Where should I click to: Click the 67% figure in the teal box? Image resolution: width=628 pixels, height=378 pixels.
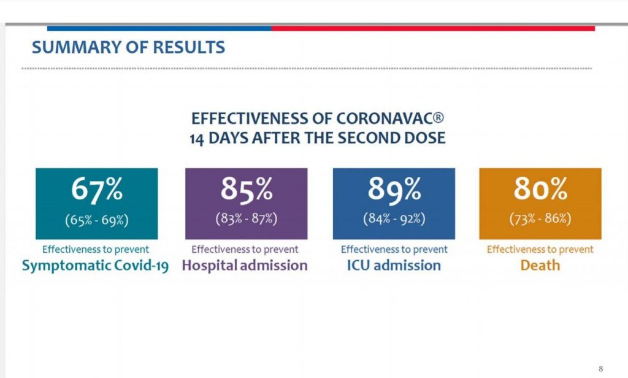tap(97, 188)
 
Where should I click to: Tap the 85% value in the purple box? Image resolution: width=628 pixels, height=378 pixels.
tap(247, 188)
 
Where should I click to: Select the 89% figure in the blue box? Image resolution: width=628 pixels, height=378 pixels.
tap(394, 188)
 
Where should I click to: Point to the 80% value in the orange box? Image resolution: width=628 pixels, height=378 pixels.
tap(541, 188)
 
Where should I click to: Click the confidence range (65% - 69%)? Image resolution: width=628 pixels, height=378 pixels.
tap(97, 220)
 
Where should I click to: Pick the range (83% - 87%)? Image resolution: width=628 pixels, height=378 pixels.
tap(247, 218)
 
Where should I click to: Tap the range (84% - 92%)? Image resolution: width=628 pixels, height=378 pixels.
tap(394, 218)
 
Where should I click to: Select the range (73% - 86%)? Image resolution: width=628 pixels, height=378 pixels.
tap(540, 218)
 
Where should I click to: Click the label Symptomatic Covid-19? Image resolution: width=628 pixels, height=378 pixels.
tap(95, 265)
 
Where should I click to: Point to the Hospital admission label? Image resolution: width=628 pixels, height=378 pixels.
tap(245, 265)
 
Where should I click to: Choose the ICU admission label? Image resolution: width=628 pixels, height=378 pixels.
tap(394, 265)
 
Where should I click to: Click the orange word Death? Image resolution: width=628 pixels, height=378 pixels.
tap(540, 265)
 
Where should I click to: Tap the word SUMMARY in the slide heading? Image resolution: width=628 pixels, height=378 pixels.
tap(75, 47)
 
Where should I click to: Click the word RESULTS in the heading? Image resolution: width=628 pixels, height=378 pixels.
tap(189, 47)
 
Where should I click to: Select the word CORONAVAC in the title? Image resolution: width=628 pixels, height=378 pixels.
tap(384, 118)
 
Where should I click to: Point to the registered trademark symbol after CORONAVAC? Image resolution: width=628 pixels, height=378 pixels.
tap(438, 117)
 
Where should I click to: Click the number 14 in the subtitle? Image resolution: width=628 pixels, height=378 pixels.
tap(197, 139)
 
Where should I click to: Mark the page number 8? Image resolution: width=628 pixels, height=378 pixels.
tap(600, 368)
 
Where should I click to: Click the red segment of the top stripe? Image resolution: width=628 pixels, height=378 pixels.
tap(433, 28)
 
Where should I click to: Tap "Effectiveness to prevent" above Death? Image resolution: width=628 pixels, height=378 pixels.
tap(540, 249)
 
